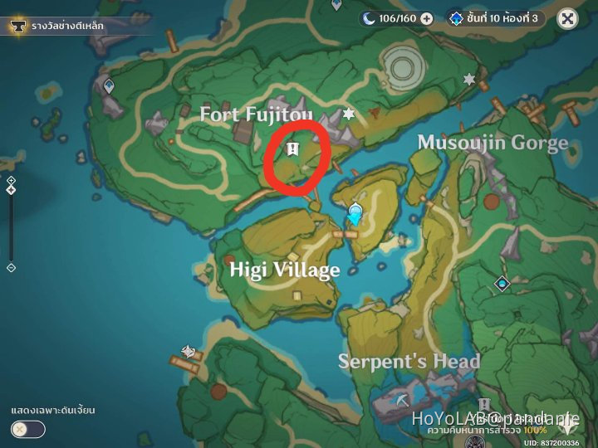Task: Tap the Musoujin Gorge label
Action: tap(493, 142)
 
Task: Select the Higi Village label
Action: tap(285, 270)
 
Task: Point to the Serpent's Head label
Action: tap(409, 361)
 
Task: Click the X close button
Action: tap(567, 18)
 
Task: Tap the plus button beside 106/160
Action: tap(426, 18)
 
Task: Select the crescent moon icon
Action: tap(368, 17)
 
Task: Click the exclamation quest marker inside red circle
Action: tap(292, 150)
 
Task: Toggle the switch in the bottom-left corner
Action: tap(28, 429)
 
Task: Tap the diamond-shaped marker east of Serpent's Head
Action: tap(502, 285)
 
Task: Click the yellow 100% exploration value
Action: tap(536, 431)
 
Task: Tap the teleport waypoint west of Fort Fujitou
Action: tap(109, 85)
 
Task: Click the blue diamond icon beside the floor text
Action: tap(455, 17)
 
